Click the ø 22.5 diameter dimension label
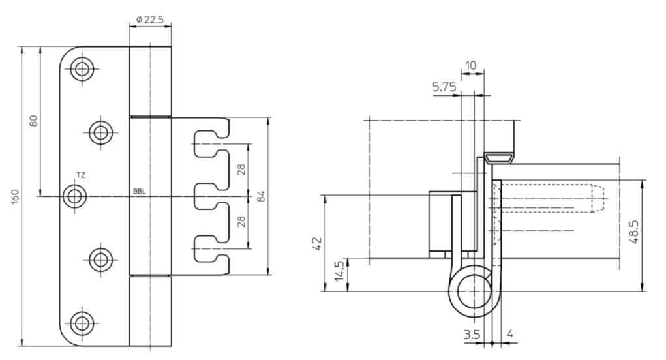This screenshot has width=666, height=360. pos(150,20)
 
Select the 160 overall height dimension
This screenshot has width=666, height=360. pos(15,196)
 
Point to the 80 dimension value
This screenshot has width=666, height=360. pos(33,121)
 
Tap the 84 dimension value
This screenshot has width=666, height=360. pos(261,196)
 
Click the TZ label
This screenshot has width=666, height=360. pos(80,175)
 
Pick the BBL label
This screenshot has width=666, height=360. pos(140,192)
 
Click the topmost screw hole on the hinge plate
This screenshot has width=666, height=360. pos(82,68)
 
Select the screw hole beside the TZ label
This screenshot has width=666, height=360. pos(75,196)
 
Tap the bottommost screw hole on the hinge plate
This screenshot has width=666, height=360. pos(82,323)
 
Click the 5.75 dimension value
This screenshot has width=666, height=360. pos(444,87)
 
